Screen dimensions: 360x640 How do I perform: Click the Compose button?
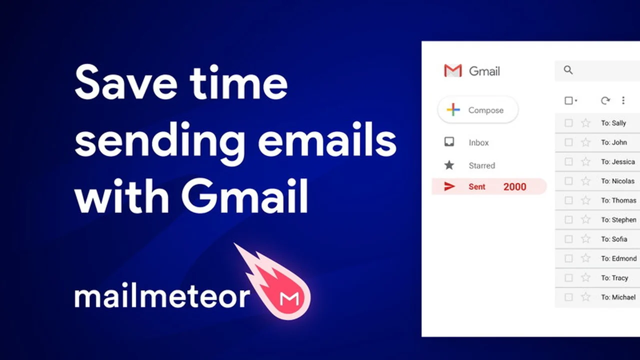(x=478, y=110)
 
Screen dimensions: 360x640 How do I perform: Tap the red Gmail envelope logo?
(x=453, y=71)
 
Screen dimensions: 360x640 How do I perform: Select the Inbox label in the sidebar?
(x=478, y=142)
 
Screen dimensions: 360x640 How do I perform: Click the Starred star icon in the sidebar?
(x=449, y=165)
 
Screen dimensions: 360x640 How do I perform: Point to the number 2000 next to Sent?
(x=514, y=187)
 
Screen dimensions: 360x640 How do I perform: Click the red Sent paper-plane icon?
(x=449, y=186)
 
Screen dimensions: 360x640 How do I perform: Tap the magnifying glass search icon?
(x=568, y=70)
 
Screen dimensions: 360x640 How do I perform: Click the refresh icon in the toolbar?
(x=605, y=100)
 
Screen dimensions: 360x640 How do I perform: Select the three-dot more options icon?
(x=623, y=100)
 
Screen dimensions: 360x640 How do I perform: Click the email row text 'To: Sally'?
(x=613, y=123)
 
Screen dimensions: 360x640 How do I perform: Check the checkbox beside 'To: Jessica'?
(x=568, y=161)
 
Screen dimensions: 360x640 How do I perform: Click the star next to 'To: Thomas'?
(x=585, y=200)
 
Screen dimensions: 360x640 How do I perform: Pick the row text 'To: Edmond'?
(x=618, y=258)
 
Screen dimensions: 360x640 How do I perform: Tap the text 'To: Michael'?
(x=618, y=297)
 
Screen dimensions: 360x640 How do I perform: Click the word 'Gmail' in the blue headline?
(x=244, y=196)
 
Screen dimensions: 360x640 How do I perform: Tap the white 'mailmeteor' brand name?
(x=162, y=296)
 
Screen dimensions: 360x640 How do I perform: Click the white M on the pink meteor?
(x=289, y=298)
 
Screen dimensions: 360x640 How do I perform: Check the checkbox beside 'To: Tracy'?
(x=568, y=278)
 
